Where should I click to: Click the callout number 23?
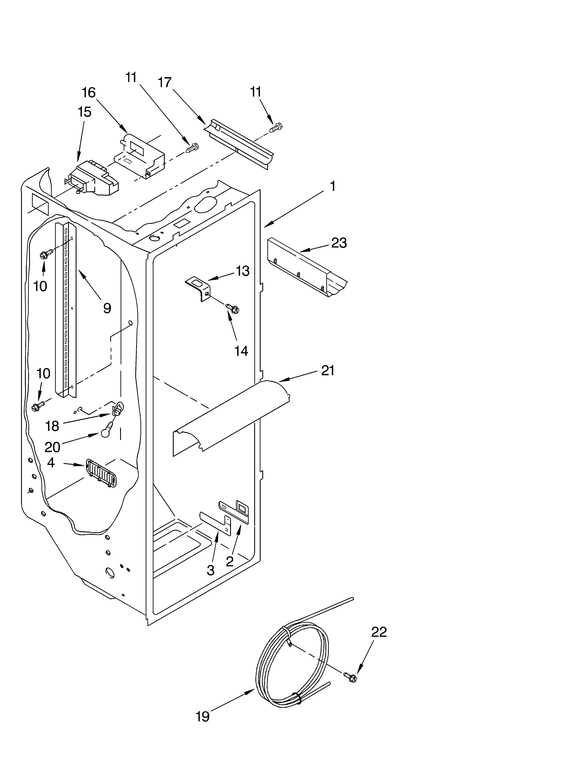(339, 243)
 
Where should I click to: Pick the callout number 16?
(89, 92)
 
